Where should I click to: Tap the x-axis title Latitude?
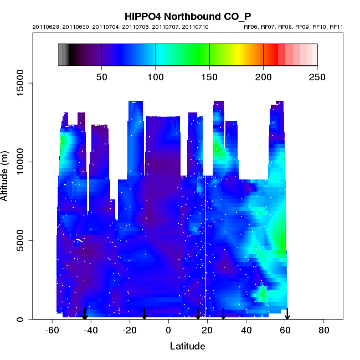(x=187, y=346)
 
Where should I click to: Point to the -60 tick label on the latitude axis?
(x=52, y=330)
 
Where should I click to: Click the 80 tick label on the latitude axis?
(x=324, y=330)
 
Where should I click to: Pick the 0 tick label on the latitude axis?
(x=168, y=330)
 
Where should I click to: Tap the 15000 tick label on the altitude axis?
(x=19, y=83)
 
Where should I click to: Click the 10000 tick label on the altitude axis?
(x=19, y=162)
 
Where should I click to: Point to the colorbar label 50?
(x=101, y=76)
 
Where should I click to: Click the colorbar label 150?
(x=209, y=76)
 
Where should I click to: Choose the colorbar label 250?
(x=317, y=76)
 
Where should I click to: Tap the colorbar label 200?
(x=263, y=76)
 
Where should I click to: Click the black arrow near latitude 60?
(x=287, y=314)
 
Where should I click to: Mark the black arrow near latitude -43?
(x=85, y=314)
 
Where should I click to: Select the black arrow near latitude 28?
(x=223, y=314)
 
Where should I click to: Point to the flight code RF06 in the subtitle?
(x=251, y=27)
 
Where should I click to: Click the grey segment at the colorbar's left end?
(x=64, y=55)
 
